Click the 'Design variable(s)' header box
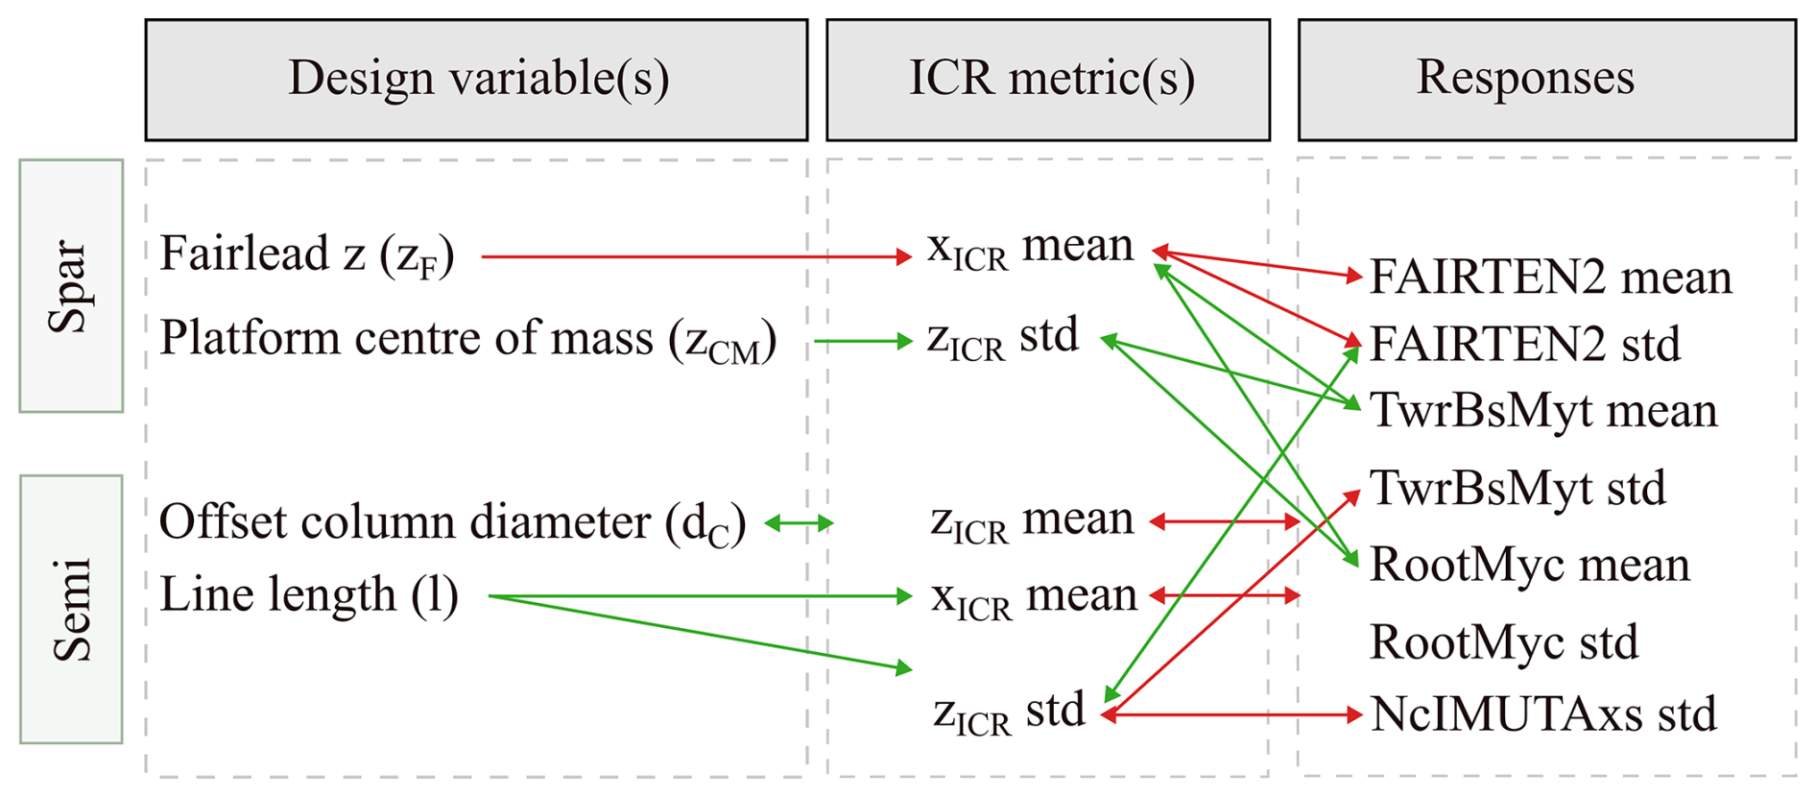(476, 80)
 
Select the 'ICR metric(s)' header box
(1048, 80)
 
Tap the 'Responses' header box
(1546, 80)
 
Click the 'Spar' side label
(71, 286)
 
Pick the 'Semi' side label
(71, 609)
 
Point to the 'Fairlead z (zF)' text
(306, 255)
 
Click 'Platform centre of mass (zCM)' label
(467, 340)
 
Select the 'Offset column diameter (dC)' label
(452, 523)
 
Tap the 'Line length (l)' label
(308, 595)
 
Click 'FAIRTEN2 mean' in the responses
(1550, 277)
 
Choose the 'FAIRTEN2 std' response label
(1525, 344)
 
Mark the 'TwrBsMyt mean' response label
(1543, 411)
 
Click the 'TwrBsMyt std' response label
(1517, 489)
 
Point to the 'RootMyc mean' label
(1530, 565)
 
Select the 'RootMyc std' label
(1504, 642)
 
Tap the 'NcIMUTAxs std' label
(1543, 714)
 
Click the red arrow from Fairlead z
(697, 256)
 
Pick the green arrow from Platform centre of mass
(863, 341)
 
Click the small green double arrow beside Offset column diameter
(799, 523)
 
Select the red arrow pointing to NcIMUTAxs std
(1231, 714)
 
